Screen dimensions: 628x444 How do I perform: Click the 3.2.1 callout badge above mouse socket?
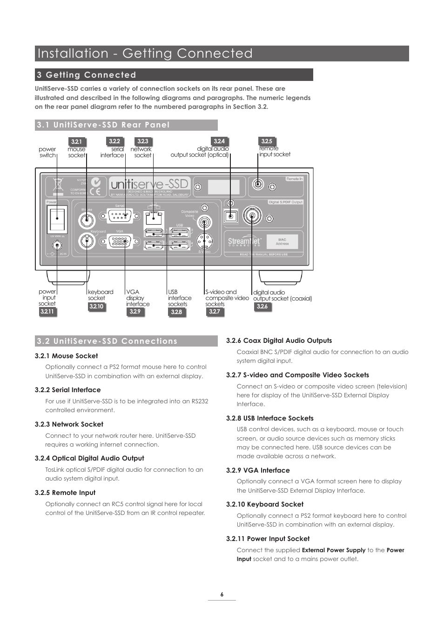(76, 141)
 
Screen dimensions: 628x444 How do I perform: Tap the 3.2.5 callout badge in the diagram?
(267, 141)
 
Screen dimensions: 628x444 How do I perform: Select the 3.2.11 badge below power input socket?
(47, 312)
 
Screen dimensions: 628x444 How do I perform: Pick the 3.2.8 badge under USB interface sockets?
(176, 312)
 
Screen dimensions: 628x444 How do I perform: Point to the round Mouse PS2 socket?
(87, 221)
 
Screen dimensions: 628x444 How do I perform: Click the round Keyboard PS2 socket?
(87, 241)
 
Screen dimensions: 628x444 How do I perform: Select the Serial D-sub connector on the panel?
(120, 216)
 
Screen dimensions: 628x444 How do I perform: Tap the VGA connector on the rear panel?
(120, 241)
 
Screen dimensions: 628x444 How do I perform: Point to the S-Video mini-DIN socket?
(204, 241)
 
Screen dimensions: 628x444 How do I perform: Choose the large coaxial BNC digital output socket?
(252, 215)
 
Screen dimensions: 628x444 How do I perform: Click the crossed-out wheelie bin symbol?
(58, 186)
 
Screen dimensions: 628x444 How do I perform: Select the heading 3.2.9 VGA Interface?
(258, 470)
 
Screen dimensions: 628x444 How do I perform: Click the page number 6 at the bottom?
(222, 594)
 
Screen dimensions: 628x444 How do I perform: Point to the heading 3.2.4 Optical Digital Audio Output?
(89, 458)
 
